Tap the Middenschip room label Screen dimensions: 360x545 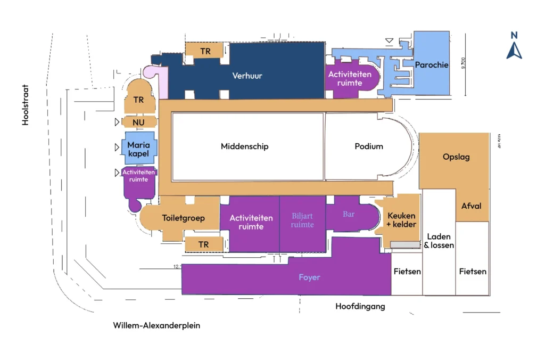(x=244, y=146)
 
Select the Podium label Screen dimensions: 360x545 (x=369, y=146)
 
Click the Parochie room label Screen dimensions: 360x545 (x=432, y=65)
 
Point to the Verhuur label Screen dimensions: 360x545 (x=247, y=76)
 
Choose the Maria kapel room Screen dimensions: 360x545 (x=139, y=149)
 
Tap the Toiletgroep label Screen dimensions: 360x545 (x=184, y=218)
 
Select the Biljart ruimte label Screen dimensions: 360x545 (x=303, y=220)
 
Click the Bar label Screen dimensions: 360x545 (x=349, y=214)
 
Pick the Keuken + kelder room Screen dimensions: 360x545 (x=401, y=220)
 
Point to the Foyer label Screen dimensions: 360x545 (x=309, y=277)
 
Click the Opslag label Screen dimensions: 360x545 (x=456, y=157)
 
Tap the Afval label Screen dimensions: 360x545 (x=471, y=206)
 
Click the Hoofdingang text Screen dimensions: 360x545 (x=360, y=307)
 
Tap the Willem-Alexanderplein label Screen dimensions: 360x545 (x=156, y=325)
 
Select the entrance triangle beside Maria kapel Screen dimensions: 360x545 (x=117, y=147)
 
